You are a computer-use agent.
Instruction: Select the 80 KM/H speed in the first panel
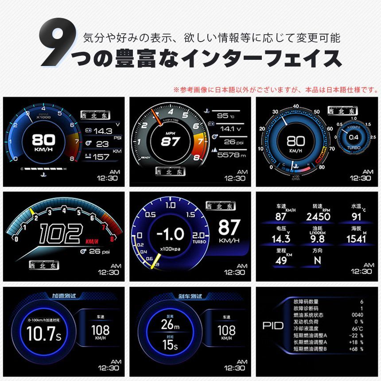click(43, 141)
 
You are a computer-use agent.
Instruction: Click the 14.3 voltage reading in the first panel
click(102, 131)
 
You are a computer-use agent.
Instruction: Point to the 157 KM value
click(101, 156)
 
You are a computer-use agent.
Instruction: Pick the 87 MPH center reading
click(170, 142)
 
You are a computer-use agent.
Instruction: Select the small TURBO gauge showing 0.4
click(353, 137)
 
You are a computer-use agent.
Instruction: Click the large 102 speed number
click(61, 234)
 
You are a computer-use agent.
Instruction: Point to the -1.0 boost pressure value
click(171, 233)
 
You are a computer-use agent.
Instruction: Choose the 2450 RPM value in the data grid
click(318, 217)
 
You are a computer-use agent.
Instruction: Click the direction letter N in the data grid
click(317, 260)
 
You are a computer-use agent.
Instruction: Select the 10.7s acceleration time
click(43, 334)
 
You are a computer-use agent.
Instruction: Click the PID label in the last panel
click(273, 327)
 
